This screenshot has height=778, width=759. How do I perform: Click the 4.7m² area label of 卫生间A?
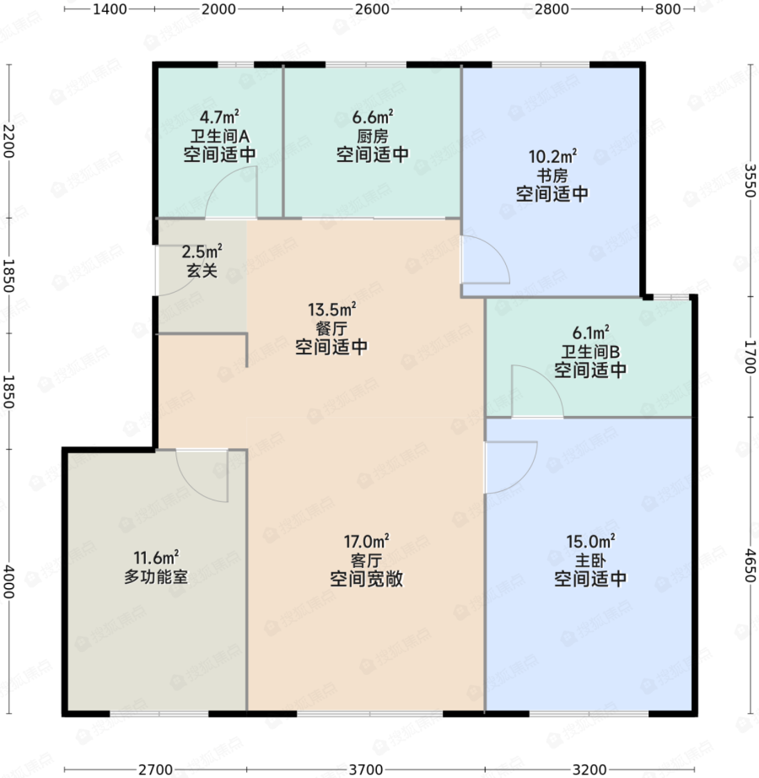pyautogui.click(x=219, y=117)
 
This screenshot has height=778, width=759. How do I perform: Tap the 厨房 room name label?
pyautogui.click(x=372, y=136)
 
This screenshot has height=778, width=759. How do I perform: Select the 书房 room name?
pyautogui.click(x=552, y=176)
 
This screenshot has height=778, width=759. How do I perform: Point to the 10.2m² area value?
pyautogui.click(x=552, y=156)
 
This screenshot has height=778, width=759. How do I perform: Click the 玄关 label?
pyautogui.click(x=202, y=270)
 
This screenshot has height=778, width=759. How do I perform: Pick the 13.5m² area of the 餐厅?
pyautogui.click(x=331, y=310)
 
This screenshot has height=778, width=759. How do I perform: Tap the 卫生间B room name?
pyautogui.click(x=590, y=351)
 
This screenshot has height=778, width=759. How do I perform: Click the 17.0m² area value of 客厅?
pyautogui.click(x=366, y=541)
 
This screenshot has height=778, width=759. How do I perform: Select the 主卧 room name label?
pyautogui.click(x=590, y=560)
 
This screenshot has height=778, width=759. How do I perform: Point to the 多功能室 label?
pyautogui.click(x=156, y=576)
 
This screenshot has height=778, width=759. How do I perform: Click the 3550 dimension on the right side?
pyautogui.click(x=750, y=181)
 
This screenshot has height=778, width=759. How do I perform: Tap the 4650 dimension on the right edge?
pyautogui.click(x=750, y=565)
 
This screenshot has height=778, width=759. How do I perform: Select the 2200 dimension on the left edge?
pyautogui.click(x=8, y=141)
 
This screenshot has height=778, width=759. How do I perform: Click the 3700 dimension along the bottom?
pyautogui.click(x=366, y=770)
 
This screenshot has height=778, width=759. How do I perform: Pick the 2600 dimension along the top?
pyautogui.click(x=372, y=9)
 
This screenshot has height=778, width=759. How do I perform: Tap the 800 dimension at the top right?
pyautogui.click(x=667, y=9)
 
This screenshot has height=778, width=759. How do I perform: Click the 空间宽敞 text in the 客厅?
pyautogui.click(x=366, y=579)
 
